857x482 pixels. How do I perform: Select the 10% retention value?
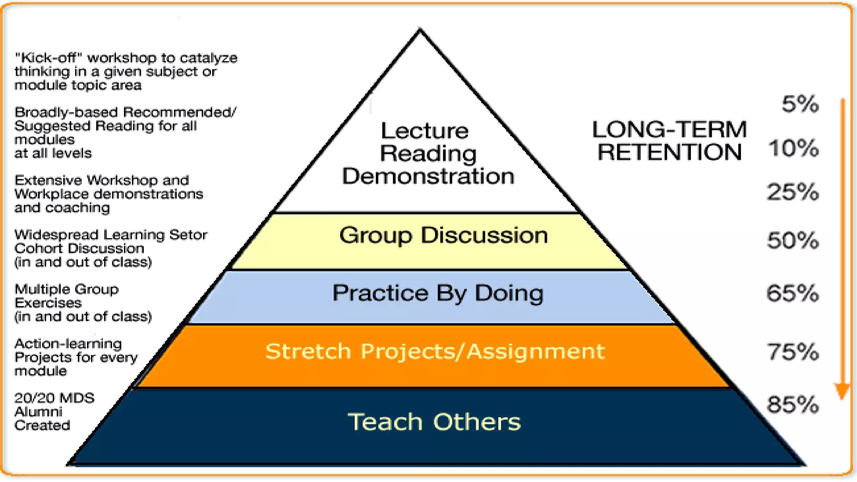(793, 148)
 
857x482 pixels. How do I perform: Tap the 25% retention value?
(793, 192)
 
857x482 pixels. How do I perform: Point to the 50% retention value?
(793, 241)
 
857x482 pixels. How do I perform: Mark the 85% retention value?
(793, 405)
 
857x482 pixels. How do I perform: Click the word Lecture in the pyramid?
(424, 131)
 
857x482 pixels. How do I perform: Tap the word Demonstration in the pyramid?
(428, 176)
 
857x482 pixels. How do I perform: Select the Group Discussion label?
(443, 235)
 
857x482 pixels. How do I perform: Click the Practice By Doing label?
(438, 293)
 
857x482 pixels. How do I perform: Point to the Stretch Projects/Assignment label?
(435, 351)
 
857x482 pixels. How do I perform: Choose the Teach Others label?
(434, 422)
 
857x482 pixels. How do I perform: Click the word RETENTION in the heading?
(669, 152)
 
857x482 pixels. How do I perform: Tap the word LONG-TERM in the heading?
(669, 129)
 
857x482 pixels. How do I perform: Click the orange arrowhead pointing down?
(842, 391)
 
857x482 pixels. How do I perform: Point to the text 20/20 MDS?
(54, 398)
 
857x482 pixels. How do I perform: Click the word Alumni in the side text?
(38, 412)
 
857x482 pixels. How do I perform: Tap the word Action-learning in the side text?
(68, 344)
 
